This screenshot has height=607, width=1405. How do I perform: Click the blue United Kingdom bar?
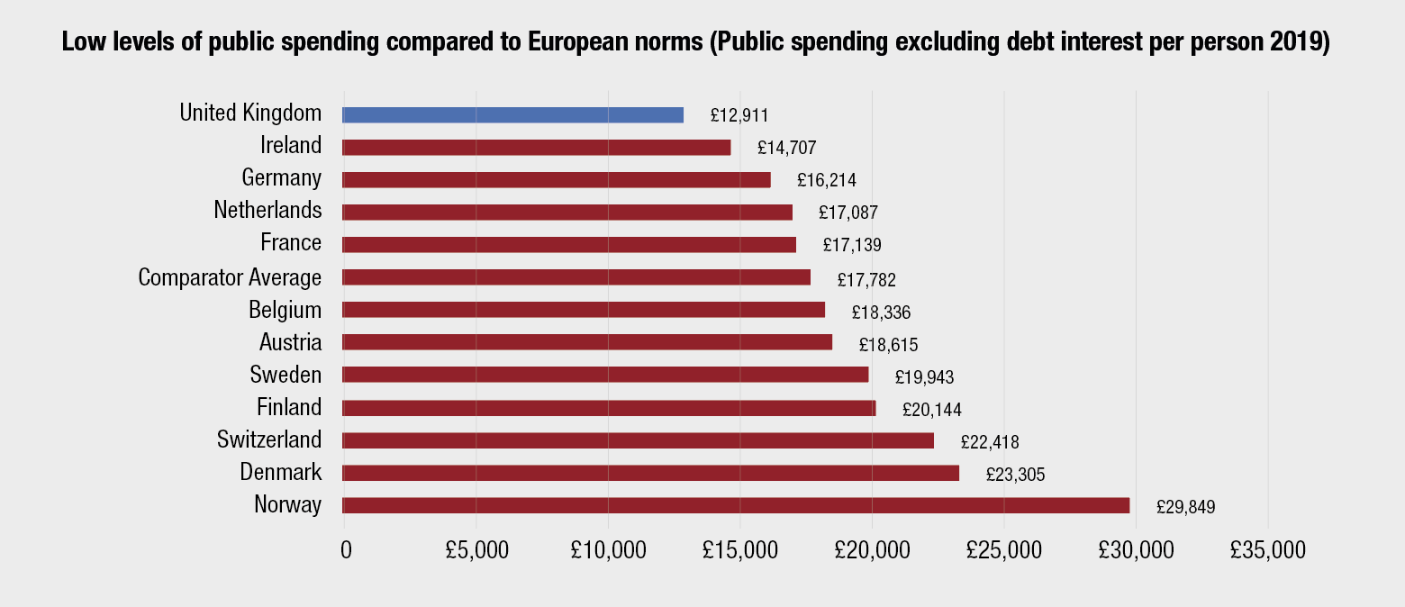[x=512, y=114]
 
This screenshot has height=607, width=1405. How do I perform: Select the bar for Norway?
[x=736, y=505]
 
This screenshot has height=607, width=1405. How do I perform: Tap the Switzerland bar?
[x=638, y=440]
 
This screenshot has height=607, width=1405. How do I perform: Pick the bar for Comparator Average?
[x=576, y=277]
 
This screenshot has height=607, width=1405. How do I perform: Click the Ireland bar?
[x=536, y=147]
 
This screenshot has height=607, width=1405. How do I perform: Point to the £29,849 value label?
[x=1186, y=507]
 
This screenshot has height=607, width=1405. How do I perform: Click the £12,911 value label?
[x=739, y=115]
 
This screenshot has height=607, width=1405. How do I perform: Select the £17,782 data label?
[x=866, y=280]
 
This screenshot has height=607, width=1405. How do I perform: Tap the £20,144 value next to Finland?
[x=932, y=410]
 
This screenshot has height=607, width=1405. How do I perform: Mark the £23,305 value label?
[x=1015, y=475]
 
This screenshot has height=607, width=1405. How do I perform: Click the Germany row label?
[x=281, y=177]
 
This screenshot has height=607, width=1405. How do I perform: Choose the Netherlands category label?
[x=267, y=210]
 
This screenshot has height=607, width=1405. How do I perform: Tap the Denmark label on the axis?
[x=280, y=472]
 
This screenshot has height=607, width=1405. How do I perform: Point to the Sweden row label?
[x=286, y=374]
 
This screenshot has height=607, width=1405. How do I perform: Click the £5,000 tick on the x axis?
[x=476, y=549]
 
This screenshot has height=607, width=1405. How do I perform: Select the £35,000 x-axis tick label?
[x=1268, y=549]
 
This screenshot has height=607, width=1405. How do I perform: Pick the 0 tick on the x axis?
[x=346, y=549]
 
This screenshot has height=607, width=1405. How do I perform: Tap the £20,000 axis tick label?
[x=872, y=549]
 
